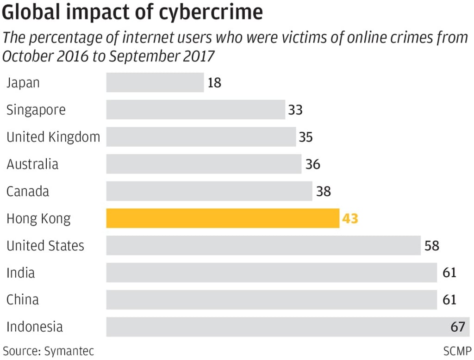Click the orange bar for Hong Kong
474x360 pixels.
pyautogui.click(x=223, y=218)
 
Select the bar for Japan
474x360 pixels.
pyautogui.click(x=155, y=82)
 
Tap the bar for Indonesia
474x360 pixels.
pyautogui.click(x=278, y=327)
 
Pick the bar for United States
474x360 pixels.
pyautogui.click(x=263, y=245)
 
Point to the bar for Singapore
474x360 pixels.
pyautogui.click(x=196, y=110)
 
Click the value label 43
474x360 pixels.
pyautogui.click(x=350, y=218)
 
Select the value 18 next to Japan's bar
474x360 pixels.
pyautogui.click(x=214, y=83)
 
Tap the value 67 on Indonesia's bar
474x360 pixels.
pyautogui.click(x=457, y=327)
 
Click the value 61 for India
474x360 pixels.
pyautogui.click(x=449, y=273)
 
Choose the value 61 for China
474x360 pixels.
pyautogui.click(x=449, y=300)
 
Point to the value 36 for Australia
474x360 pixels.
pyautogui.click(x=313, y=164)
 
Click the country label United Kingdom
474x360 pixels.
pyautogui.click(x=53, y=137)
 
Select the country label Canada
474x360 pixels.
pyautogui.click(x=28, y=191)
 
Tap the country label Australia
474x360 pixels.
pyautogui.click(x=32, y=164)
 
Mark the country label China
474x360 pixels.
pyautogui.click(x=23, y=300)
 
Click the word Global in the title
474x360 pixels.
pyautogui.click(x=32, y=12)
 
